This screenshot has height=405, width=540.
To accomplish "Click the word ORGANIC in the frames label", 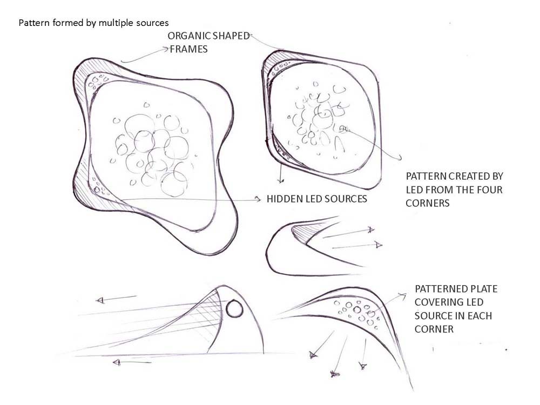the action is tap(189, 36).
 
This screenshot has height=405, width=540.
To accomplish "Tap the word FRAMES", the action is tap(188, 49).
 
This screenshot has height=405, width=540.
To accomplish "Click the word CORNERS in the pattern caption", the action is tap(427, 203).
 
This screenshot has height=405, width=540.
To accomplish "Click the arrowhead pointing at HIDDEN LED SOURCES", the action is tap(257, 199).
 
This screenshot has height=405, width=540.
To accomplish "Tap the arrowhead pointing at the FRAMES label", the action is tap(165, 50).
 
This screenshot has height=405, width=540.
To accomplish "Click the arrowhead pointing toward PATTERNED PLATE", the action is tap(403, 295).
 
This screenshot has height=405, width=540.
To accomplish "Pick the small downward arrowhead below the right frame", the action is tap(281, 180).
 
